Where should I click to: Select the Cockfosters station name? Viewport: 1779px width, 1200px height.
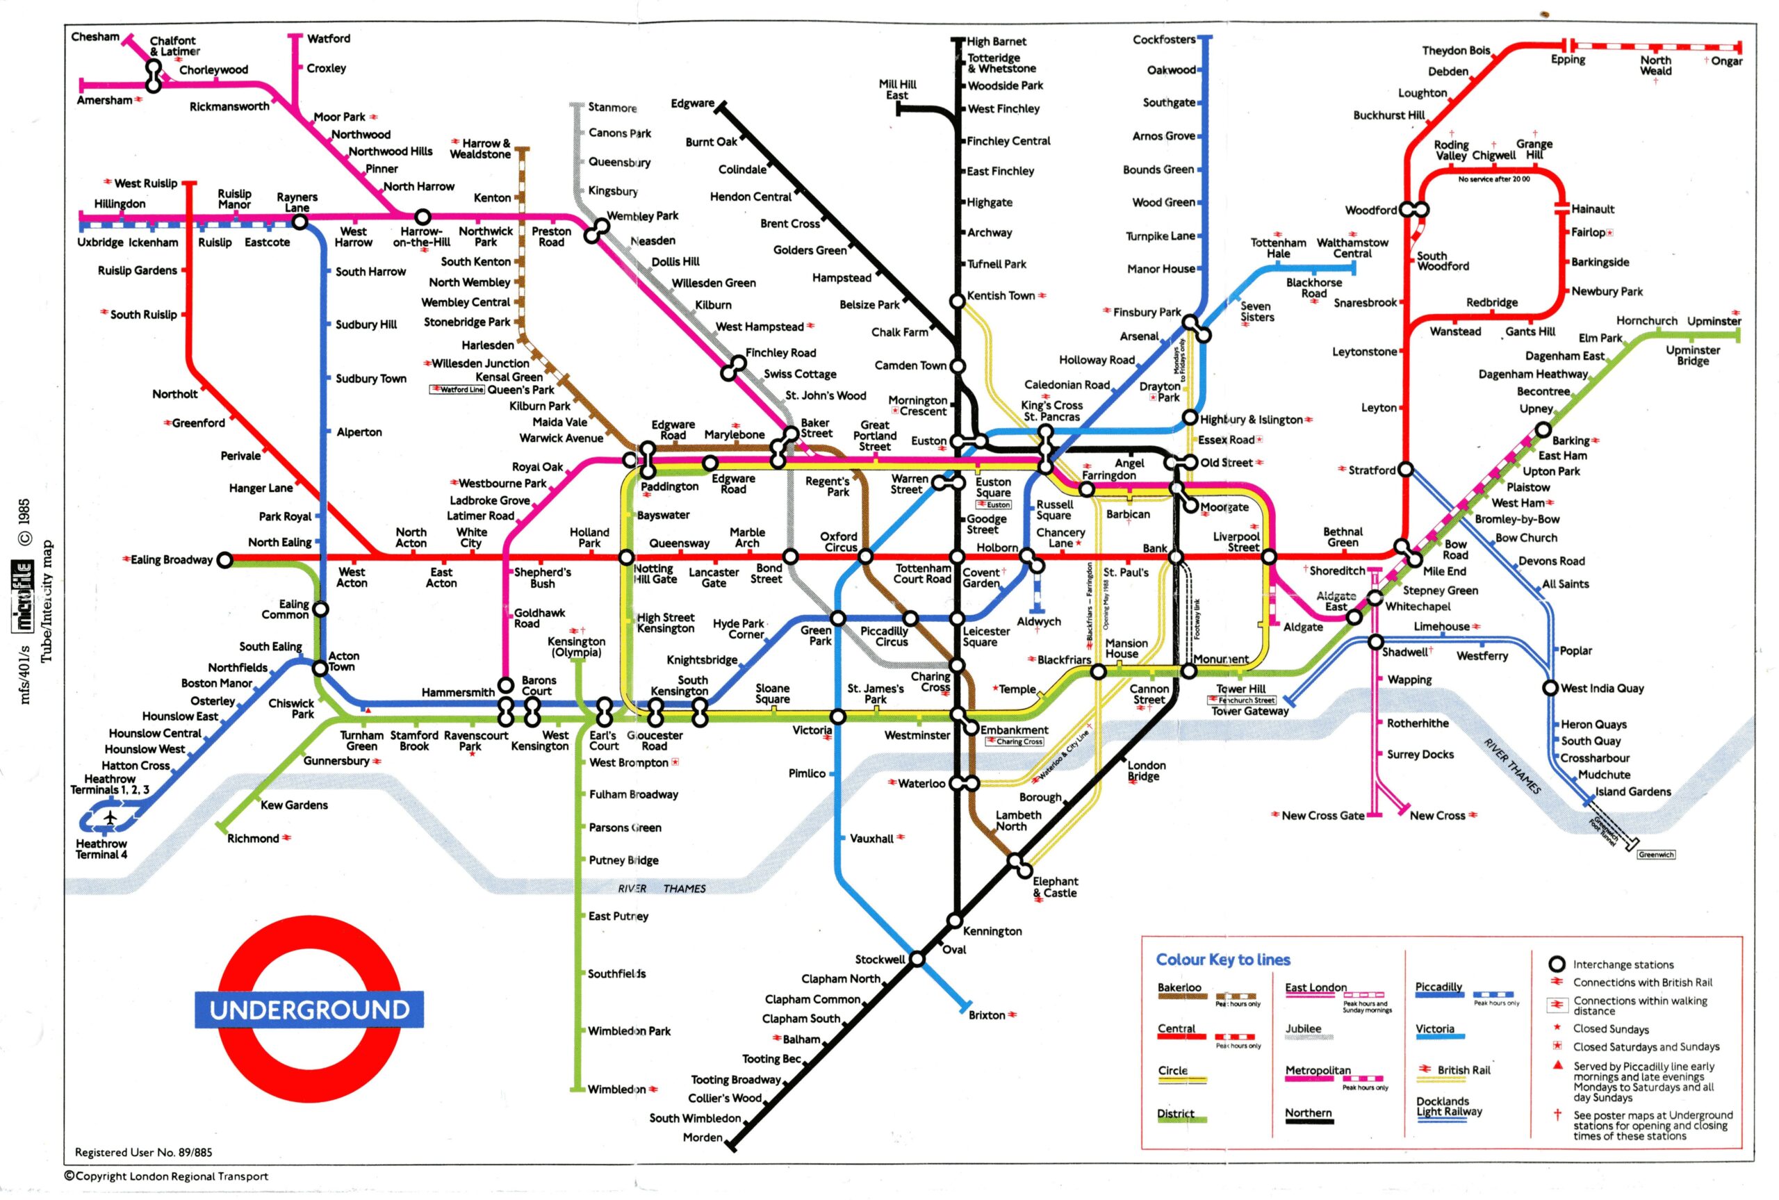[1163, 40]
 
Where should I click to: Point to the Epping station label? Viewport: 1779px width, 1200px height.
[1568, 60]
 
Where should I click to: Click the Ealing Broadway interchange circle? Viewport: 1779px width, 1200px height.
[224, 560]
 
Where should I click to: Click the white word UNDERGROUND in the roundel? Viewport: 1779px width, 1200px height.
[309, 1010]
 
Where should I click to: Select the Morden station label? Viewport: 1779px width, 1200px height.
[703, 1137]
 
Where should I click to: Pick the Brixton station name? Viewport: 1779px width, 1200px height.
[986, 1014]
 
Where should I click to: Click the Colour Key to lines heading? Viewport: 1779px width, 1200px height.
[1223, 960]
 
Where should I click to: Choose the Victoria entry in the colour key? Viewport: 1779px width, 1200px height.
[1435, 1028]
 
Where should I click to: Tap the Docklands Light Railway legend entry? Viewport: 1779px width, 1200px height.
[1448, 1107]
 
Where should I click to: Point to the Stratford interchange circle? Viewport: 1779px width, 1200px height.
[1406, 470]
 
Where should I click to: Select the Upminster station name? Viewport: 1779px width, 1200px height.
[1713, 322]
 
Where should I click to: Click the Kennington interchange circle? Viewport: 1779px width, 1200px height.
[955, 920]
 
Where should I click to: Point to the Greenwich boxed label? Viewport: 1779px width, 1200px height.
[1656, 855]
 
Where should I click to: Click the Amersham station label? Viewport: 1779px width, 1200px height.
[104, 100]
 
